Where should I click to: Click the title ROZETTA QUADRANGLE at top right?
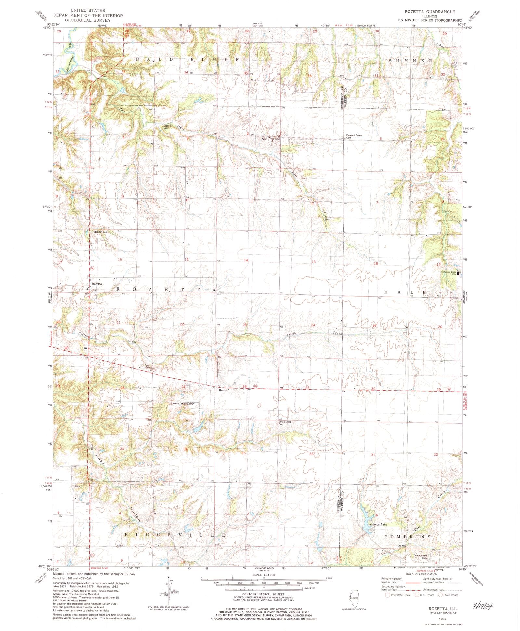(x=432, y=11)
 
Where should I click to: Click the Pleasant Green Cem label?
(x=354, y=136)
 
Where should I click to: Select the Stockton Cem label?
(x=100, y=232)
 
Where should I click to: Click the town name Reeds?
(x=222, y=390)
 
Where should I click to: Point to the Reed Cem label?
(x=147, y=366)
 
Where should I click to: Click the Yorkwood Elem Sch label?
(x=448, y=273)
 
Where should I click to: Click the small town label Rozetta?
(x=97, y=284)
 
